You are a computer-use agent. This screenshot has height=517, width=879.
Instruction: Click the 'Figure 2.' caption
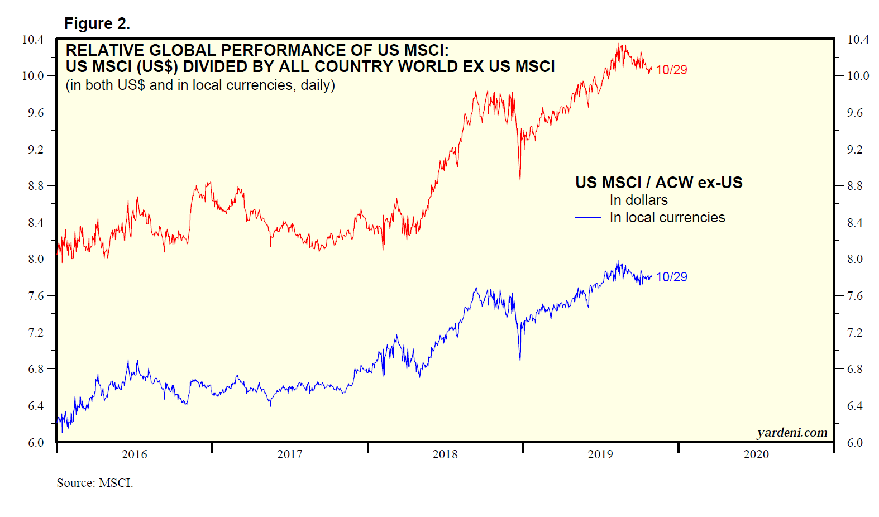[x=97, y=23]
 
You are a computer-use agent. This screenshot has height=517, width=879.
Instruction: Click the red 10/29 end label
[x=671, y=70]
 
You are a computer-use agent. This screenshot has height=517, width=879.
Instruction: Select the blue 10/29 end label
[x=671, y=277]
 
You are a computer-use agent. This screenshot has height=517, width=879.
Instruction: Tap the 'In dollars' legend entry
[x=638, y=200]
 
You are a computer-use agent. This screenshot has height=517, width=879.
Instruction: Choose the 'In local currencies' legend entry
[x=667, y=217]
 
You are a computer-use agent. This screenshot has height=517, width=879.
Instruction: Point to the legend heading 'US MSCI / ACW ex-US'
[x=659, y=183]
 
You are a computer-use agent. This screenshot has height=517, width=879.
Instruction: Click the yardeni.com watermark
[x=792, y=433]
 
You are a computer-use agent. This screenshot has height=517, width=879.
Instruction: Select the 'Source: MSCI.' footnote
[x=95, y=482]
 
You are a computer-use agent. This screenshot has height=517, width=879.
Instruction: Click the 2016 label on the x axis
[x=135, y=454]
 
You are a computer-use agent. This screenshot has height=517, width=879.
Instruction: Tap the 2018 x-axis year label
[x=445, y=454]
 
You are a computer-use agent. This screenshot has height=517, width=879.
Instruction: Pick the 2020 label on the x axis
[x=756, y=454]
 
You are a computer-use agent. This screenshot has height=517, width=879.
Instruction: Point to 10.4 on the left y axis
[x=32, y=40]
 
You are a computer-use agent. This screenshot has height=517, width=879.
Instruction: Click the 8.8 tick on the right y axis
[x=854, y=186]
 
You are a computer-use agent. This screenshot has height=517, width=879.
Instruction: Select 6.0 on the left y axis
[x=36, y=443]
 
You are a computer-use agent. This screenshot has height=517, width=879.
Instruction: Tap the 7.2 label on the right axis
[x=854, y=333]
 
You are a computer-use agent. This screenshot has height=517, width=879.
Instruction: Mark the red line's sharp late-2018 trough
[x=520, y=179]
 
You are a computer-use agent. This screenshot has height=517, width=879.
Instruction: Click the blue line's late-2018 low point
[x=520, y=360]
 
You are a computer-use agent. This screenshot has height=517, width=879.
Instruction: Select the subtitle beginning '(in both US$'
[x=200, y=85]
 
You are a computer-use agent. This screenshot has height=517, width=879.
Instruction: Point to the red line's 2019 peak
[x=619, y=45]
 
